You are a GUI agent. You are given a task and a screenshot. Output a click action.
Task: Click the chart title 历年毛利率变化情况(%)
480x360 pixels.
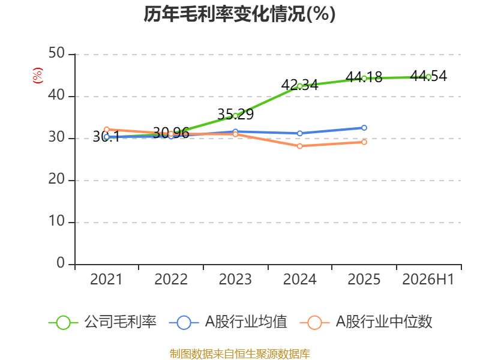(x=239, y=14)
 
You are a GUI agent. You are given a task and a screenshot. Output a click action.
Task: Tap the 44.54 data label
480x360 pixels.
(x=428, y=76)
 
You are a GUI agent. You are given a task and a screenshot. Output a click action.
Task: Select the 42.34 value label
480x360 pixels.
(x=299, y=85)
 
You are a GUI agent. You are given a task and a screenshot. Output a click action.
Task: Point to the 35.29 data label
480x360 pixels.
(x=235, y=114)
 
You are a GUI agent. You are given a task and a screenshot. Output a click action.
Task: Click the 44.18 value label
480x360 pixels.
(x=364, y=77)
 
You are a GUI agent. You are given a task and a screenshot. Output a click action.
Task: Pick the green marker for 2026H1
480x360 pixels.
(x=428, y=77)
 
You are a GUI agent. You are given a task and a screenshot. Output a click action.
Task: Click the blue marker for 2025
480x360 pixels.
(x=364, y=128)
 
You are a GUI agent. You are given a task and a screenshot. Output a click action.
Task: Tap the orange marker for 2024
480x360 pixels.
(x=299, y=146)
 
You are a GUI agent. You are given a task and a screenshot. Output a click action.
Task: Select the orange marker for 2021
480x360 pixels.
(x=107, y=130)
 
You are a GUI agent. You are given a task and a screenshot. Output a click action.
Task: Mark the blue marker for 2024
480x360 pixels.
(x=299, y=133)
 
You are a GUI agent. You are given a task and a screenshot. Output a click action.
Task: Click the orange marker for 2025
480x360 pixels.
(x=364, y=142)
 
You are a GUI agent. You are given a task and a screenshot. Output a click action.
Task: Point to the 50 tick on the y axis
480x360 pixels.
(x=56, y=53)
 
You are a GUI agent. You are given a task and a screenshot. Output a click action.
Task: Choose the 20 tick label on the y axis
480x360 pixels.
(x=56, y=179)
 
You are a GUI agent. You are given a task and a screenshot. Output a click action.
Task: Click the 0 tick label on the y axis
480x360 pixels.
(x=61, y=263)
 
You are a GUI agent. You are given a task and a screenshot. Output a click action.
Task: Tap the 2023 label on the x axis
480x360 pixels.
(x=235, y=280)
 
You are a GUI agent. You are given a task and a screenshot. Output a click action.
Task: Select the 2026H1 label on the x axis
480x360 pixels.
(x=428, y=280)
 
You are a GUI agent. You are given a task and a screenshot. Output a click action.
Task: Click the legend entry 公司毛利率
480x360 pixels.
(x=102, y=322)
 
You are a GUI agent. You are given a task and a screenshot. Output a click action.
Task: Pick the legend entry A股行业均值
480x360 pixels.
(x=228, y=322)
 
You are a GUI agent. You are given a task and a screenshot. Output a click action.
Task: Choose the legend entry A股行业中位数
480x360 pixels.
(x=366, y=322)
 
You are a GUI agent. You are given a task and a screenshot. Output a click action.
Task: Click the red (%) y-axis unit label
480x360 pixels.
(x=38, y=76)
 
